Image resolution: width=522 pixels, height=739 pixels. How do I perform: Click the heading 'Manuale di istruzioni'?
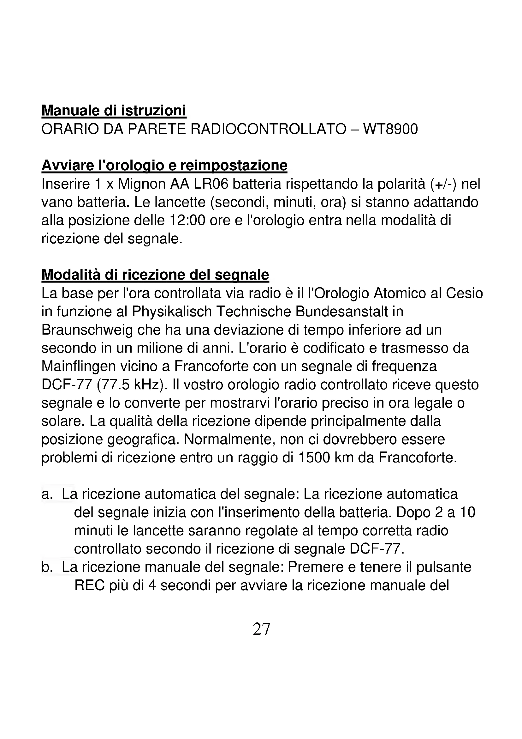[114, 111]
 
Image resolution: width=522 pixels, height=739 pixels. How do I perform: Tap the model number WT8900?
[390, 130]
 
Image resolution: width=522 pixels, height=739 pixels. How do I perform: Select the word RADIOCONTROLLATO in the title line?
[268, 130]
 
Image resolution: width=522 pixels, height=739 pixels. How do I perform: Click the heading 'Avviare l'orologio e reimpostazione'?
[164, 166]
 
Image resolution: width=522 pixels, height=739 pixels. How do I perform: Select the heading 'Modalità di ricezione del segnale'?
[155, 275]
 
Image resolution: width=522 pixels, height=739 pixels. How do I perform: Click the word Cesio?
[465, 293]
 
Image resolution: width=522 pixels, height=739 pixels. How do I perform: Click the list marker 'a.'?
[47, 494]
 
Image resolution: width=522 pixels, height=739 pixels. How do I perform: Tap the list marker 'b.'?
[47, 567]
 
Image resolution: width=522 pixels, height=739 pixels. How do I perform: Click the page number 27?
[261, 629]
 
